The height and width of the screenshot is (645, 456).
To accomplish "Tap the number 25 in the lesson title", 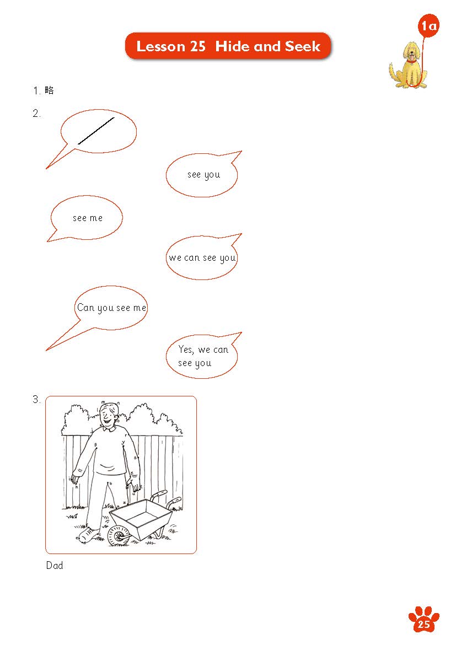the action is (197, 46).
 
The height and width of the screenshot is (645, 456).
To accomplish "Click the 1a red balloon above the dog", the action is (428, 26).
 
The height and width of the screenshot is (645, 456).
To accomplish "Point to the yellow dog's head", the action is (412, 51).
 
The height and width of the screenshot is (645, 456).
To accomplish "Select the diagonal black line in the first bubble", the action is (96, 131).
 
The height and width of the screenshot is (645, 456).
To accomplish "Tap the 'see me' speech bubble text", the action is (88, 218).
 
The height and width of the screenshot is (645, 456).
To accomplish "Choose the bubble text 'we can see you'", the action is (202, 259).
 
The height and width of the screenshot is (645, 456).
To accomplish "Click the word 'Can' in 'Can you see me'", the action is (86, 307).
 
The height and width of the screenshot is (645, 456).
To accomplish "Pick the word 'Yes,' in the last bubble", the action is (186, 350).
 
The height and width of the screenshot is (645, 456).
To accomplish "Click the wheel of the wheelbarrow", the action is (119, 536).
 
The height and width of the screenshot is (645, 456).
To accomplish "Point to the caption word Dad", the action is (55, 565).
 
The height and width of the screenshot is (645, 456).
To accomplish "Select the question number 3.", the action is (36, 399).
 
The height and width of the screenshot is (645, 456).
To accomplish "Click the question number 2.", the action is (36, 113).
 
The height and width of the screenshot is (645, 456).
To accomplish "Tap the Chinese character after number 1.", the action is (50, 90).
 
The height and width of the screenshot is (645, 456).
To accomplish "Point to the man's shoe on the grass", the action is (87, 535).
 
